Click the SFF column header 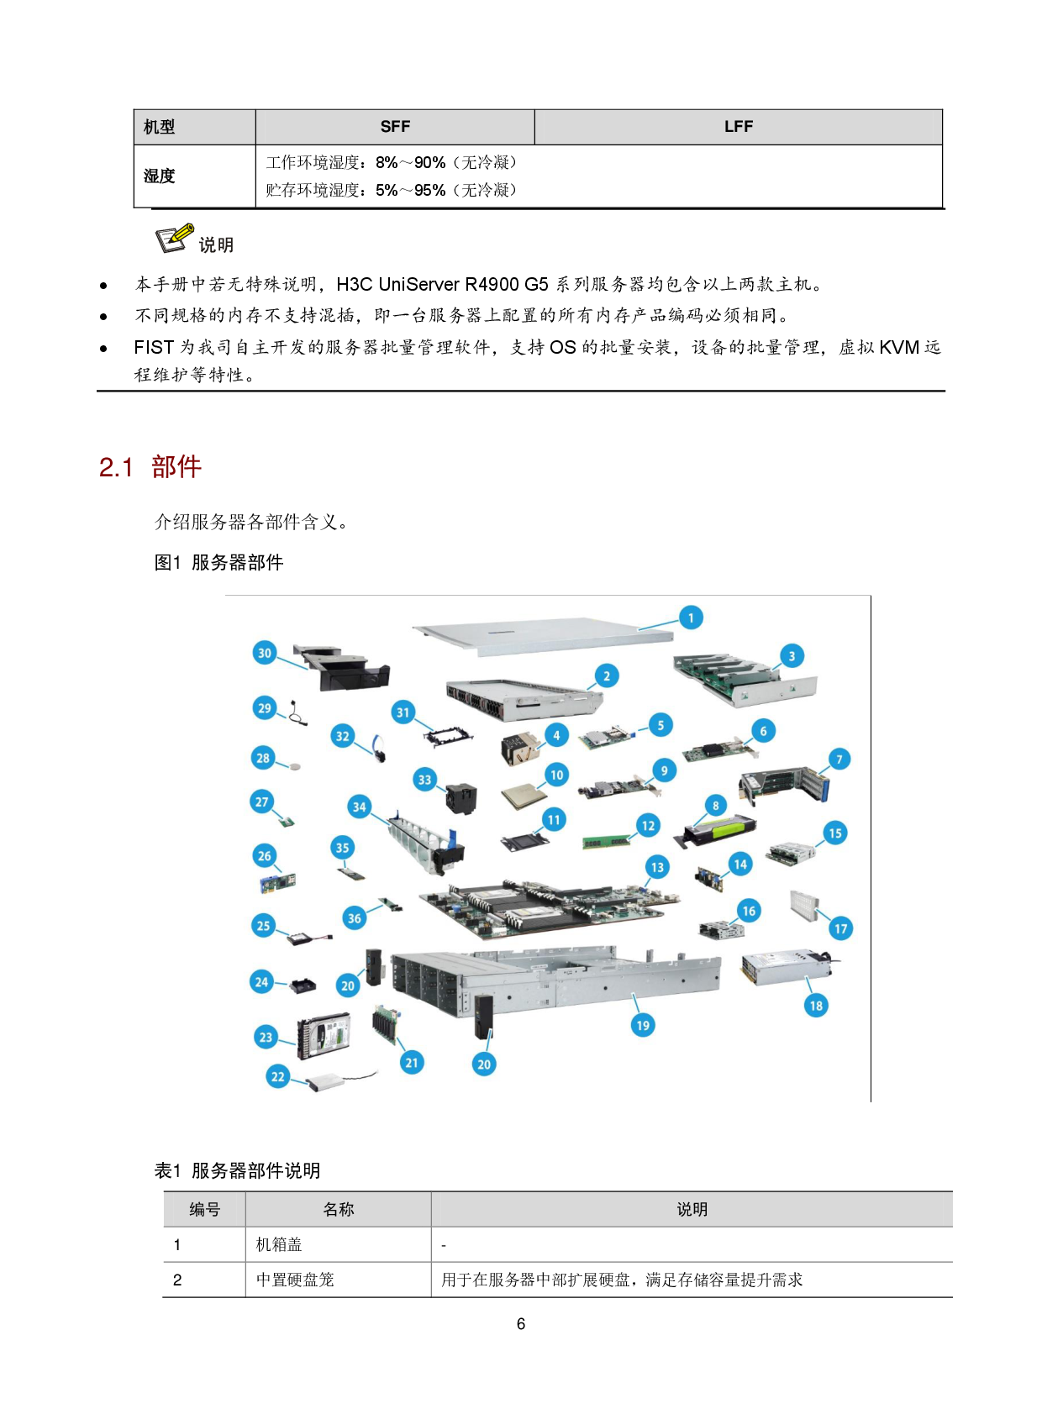coord(395,127)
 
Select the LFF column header coord(738,127)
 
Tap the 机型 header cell coord(160,127)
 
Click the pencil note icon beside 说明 coord(175,239)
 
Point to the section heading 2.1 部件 coord(150,467)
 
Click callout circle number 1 coord(691,618)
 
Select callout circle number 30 coord(265,653)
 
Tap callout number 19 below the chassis coord(643,1025)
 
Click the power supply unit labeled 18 coord(786,968)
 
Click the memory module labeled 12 coord(606,842)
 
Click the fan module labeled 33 coord(460,798)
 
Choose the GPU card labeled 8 coord(718,831)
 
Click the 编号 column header coord(204,1209)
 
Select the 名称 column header coord(338,1209)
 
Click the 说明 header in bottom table coord(692,1209)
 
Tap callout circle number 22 coord(278,1076)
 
